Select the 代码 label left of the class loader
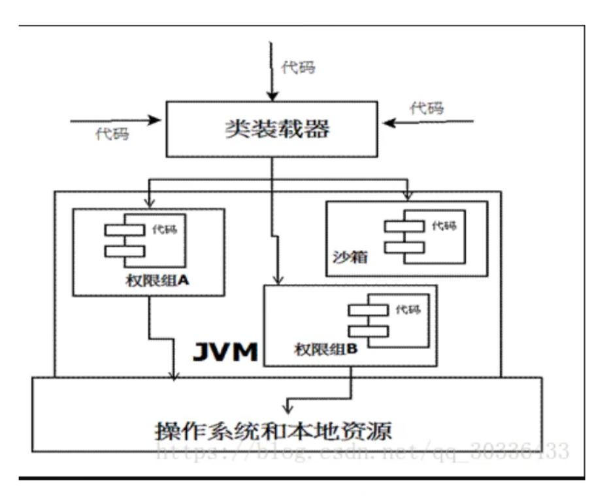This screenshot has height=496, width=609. coord(112,134)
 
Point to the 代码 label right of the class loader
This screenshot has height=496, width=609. coord(427,108)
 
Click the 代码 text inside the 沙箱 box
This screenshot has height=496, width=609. coord(444,226)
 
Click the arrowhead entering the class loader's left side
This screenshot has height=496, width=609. coord(156,119)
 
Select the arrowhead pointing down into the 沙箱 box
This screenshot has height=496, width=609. coord(408,195)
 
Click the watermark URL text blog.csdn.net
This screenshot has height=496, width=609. coord(363,450)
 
